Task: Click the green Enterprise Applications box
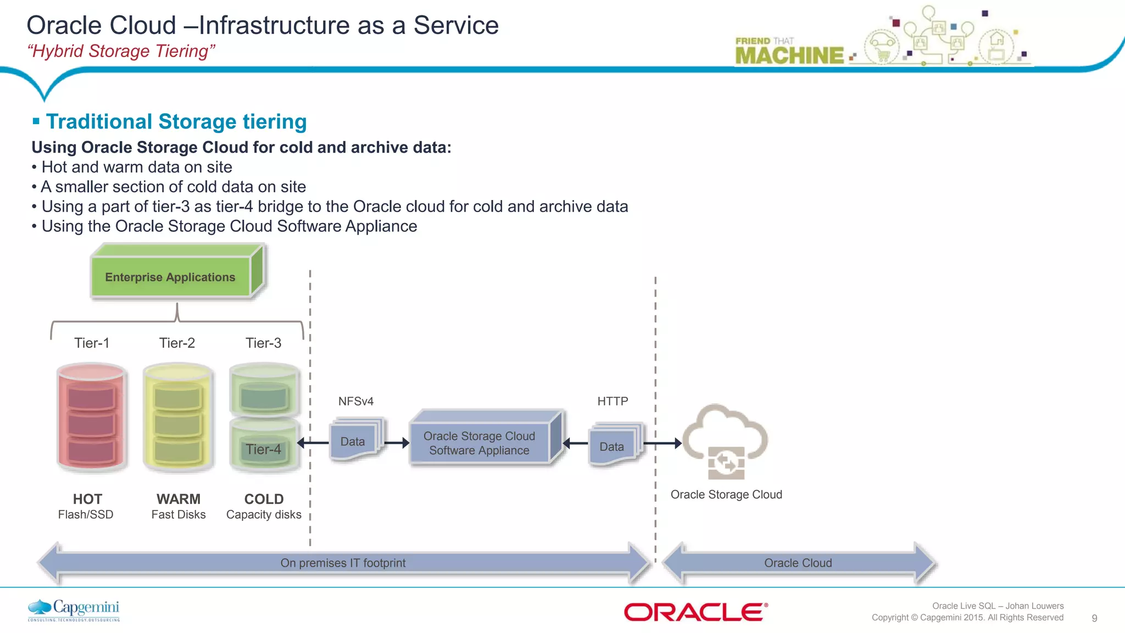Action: (x=170, y=277)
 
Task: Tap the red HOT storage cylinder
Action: (x=92, y=418)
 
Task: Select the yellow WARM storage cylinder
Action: (x=178, y=418)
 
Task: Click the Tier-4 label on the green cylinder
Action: (x=263, y=449)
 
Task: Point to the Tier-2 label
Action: (x=177, y=343)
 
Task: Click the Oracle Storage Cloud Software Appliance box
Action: (x=479, y=443)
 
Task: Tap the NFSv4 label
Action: (x=356, y=401)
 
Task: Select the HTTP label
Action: (x=612, y=401)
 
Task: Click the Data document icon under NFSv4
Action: (x=354, y=441)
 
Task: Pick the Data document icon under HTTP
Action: (x=612, y=446)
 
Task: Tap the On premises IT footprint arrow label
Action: (x=343, y=563)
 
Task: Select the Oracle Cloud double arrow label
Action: (x=798, y=563)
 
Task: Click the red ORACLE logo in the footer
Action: (x=695, y=612)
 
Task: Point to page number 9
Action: (x=1094, y=618)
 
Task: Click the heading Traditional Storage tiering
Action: (x=176, y=121)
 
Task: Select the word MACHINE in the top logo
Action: (x=789, y=55)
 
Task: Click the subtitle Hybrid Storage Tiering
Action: (x=121, y=51)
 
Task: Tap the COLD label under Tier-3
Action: (x=264, y=499)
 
